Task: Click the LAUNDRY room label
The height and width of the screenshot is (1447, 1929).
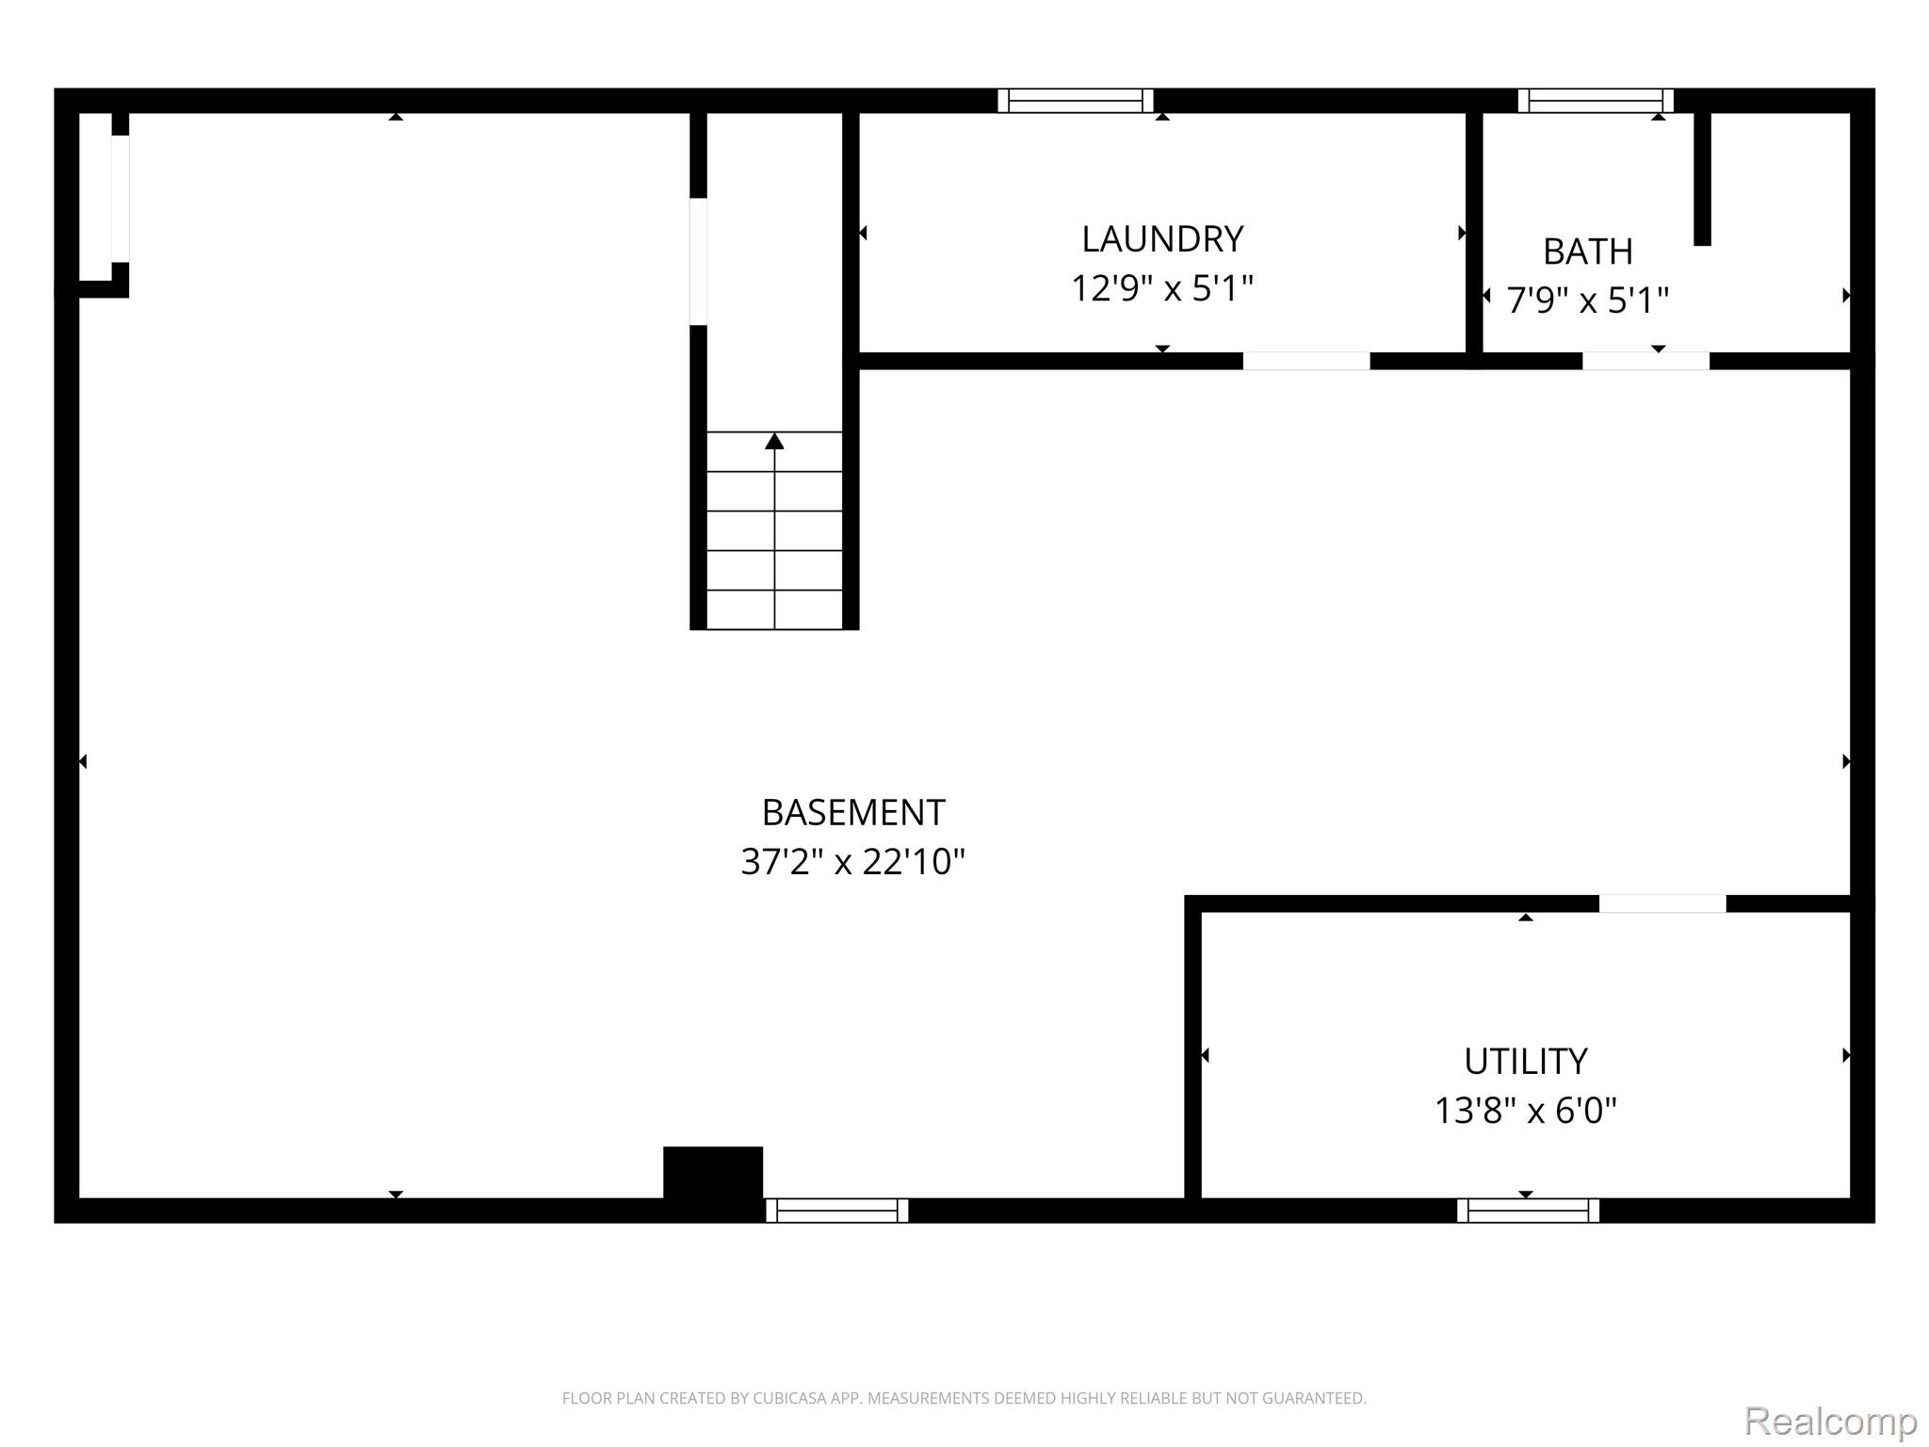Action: tap(1162, 239)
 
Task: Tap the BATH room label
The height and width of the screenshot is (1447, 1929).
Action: tap(1587, 252)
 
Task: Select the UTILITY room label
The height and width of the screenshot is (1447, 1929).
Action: tap(1525, 1062)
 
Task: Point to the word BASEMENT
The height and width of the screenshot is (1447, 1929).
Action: tap(853, 812)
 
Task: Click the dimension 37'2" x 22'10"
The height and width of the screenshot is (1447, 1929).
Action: tap(853, 861)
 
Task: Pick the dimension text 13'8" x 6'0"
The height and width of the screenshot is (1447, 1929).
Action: tap(1525, 1111)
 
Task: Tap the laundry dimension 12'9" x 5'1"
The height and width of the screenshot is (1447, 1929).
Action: tap(1162, 288)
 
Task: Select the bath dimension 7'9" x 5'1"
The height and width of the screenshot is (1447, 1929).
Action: tap(1587, 301)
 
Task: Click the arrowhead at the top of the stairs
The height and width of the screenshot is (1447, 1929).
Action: tap(774, 441)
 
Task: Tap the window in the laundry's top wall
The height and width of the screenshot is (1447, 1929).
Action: tap(1076, 101)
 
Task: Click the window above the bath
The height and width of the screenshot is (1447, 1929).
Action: tap(1596, 101)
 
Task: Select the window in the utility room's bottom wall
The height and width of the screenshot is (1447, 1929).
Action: tap(1528, 1211)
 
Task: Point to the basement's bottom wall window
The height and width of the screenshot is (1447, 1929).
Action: tap(836, 1211)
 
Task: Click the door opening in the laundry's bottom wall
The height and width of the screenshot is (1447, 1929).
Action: tap(1306, 361)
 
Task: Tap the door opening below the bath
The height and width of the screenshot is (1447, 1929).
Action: tap(1645, 361)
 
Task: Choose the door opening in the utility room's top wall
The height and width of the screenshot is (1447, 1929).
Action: tap(1662, 903)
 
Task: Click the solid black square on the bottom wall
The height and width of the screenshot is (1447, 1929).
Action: tap(713, 1173)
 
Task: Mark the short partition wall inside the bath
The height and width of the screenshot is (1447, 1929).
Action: tap(1702, 179)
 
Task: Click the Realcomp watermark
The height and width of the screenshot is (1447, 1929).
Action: tap(1830, 1422)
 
